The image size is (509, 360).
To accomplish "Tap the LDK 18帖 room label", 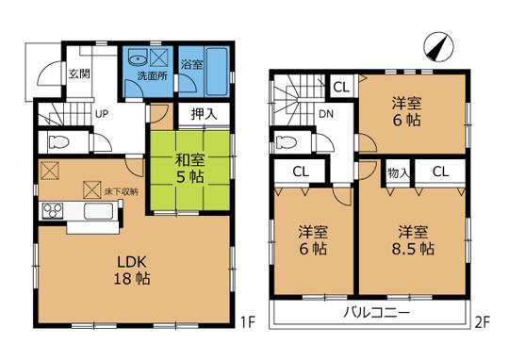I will (130, 270).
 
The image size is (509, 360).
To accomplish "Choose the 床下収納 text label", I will (122, 190).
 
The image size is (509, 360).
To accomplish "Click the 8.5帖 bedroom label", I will (414, 240).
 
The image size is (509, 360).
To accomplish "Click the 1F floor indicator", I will (247, 325).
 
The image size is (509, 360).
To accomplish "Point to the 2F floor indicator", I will (482, 325).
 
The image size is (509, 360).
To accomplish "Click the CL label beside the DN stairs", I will (340, 87).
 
